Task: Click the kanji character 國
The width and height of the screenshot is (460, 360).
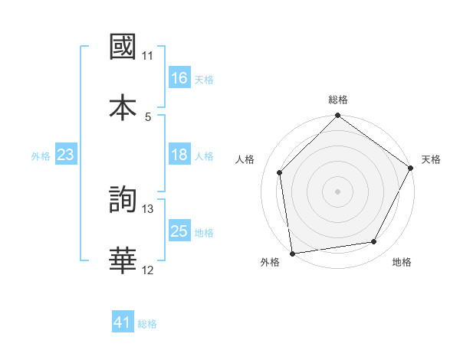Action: point(123,47)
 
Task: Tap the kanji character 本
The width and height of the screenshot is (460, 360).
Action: point(123,106)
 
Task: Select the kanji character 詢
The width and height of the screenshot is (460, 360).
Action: point(123,200)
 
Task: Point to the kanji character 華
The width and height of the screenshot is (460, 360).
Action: point(123,260)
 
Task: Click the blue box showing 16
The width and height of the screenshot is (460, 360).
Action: point(179,78)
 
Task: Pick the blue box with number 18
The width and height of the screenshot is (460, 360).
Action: point(179,155)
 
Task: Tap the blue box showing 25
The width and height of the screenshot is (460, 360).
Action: point(179,231)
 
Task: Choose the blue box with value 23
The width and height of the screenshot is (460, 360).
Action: point(66,155)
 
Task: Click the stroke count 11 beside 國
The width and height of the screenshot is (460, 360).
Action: point(148,56)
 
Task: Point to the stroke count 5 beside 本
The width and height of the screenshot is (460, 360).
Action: point(148,116)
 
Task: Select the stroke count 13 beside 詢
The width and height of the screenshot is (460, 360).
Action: point(148,209)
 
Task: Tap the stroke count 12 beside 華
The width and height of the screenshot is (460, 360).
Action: point(148,270)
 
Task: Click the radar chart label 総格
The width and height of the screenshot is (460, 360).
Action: point(338,100)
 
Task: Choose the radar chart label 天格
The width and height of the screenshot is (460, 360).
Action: point(431,159)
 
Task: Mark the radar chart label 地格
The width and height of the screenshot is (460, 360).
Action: point(402,262)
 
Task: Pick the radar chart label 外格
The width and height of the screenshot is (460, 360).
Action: point(270,262)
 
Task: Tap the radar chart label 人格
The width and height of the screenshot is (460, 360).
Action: point(245,159)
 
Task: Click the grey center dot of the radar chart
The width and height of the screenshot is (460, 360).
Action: point(338,191)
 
